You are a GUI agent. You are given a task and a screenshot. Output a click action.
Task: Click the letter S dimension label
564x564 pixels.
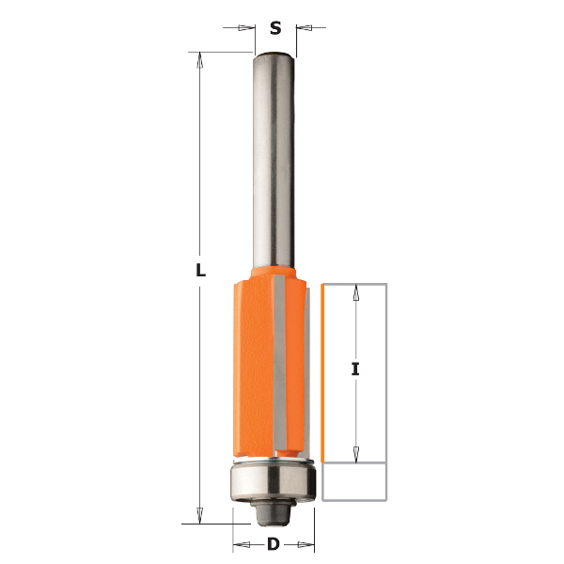(x=275, y=27)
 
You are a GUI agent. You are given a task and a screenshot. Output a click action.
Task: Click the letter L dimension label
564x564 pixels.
(x=201, y=270)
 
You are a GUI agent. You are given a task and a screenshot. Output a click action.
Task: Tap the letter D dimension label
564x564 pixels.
(x=274, y=544)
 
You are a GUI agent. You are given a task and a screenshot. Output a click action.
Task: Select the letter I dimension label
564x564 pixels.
(x=355, y=369)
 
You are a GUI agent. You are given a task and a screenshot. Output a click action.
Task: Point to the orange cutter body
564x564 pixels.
(x=270, y=362)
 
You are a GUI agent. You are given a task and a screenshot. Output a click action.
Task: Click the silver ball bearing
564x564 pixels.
(x=274, y=480)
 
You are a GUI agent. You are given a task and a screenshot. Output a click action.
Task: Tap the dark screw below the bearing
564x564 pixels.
(x=274, y=513)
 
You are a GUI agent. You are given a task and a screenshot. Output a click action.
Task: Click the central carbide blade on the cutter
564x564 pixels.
(x=279, y=362)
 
